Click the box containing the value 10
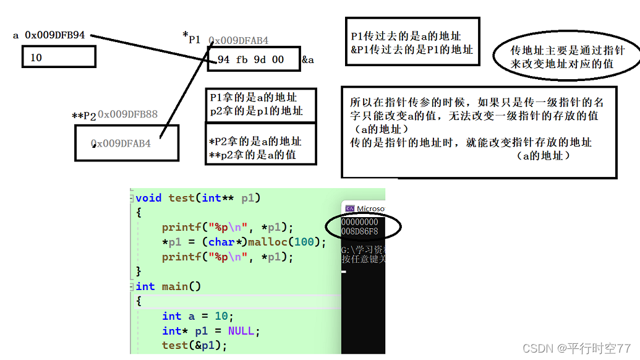(59, 58)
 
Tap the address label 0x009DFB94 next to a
(54, 35)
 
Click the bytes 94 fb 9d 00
(251, 60)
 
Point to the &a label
(308, 60)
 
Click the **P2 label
(84, 116)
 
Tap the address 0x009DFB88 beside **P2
(127, 114)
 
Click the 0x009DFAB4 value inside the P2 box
(121, 144)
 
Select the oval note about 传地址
(568, 57)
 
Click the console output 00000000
(360, 222)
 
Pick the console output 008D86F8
(360, 231)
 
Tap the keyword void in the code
(148, 198)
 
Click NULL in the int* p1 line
(241, 331)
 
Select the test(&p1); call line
(195, 345)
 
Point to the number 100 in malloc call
(304, 242)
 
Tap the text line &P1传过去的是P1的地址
(411, 49)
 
